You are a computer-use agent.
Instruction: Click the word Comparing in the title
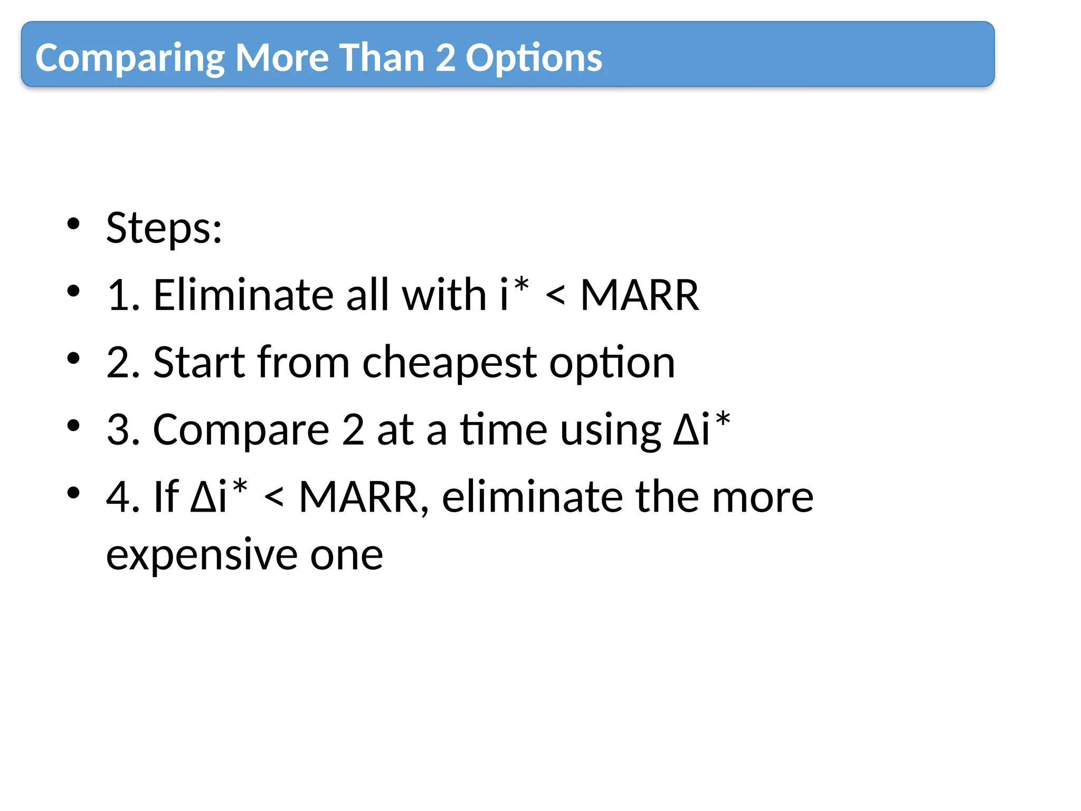(130, 59)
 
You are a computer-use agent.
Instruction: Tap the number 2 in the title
(445, 58)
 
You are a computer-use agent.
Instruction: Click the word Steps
(164, 228)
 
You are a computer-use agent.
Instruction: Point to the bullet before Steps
(73, 223)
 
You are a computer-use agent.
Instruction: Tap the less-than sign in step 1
(555, 296)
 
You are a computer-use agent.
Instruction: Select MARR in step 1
(639, 295)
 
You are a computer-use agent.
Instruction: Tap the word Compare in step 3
(241, 430)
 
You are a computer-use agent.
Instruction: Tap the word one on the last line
(346, 555)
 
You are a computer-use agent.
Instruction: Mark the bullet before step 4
(73, 493)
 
